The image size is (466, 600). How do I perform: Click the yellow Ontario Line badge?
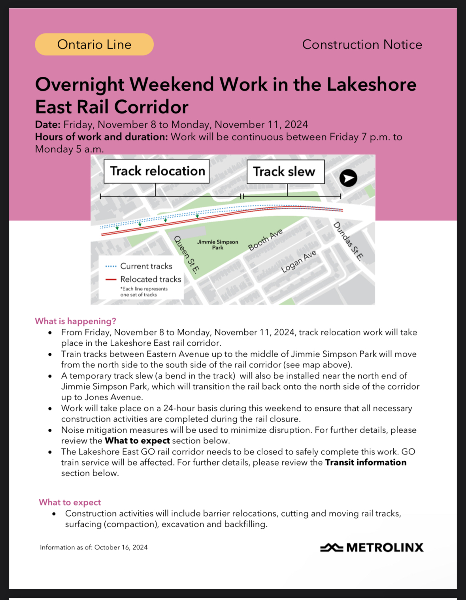pos(94,44)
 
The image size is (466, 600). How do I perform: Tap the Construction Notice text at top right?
pos(362,44)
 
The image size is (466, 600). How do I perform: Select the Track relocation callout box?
pos(157,171)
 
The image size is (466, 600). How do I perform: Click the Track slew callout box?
pos(285,172)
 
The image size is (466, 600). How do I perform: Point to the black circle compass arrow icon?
pos(348,178)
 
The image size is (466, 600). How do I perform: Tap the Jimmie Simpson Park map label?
pos(218,244)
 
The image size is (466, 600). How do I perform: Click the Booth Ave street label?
pos(265,240)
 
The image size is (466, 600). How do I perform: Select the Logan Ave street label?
pos(298,261)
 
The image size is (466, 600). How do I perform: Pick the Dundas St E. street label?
pos(348,241)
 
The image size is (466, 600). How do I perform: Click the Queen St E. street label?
pos(187,254)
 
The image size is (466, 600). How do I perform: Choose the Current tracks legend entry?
pos(146,266)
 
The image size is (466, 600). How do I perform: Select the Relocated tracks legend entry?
pos(150,279)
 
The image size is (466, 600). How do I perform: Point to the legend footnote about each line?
pos(144,291)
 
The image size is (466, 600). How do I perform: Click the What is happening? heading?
pos(75,321)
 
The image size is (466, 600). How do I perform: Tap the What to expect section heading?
pos(70,502)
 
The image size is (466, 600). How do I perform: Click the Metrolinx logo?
pos(372,547)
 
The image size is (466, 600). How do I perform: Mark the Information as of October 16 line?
pos(94,547)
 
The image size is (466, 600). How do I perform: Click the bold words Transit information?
pos(366,462)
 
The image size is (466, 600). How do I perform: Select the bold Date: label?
pos(48,125)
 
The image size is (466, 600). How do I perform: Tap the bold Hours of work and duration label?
pos(102,137)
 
